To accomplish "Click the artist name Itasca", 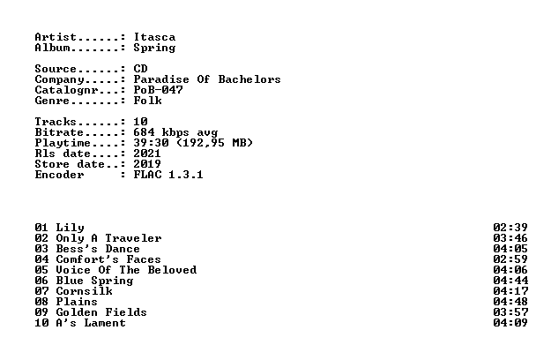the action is click(154, 37).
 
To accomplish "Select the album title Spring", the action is click(154, 49).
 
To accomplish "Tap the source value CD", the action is click(140, 69).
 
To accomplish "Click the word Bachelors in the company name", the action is click(249, 79).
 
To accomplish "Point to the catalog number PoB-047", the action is click(159, 90).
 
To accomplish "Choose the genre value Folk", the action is click(148, 101).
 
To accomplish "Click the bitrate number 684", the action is click(144, 132).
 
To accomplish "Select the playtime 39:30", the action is click(151, 143).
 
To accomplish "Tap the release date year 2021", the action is click(147, 154).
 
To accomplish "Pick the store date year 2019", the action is click(147, 164).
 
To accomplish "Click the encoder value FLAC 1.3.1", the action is click(168, 175).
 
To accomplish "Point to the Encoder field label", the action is click(59, 175).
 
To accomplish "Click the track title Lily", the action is click(70, 229).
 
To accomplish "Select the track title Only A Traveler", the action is click(108, 239).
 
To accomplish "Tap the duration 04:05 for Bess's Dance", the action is click(510, 249).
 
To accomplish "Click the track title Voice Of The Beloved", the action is click(126, 270).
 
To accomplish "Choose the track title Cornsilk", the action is click(84, 291).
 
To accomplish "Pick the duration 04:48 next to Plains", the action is click(510, 302).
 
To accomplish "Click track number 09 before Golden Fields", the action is click(41, 312).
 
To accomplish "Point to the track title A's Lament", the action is click(91, 323).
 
